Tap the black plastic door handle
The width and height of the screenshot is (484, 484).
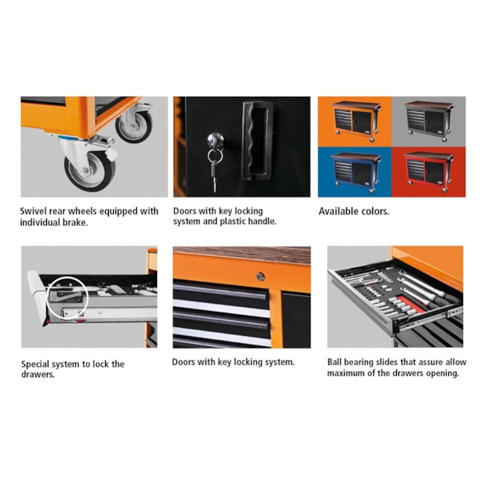tap(256, 141)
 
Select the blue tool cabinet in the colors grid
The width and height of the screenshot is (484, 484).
tap(356, 171)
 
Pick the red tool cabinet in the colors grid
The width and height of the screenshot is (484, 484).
tap(428, 171)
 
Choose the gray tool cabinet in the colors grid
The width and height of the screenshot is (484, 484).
tap(429, 121)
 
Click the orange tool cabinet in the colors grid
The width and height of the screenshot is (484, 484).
tap(356, 121)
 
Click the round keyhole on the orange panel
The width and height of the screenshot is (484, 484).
tap(261, 276)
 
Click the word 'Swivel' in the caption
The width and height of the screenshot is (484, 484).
tap(34, 211)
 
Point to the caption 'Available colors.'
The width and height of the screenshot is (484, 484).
tap(354, 211)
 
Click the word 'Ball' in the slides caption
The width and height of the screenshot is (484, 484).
tap(334, 362)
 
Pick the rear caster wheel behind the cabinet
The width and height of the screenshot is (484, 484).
tap(134, 125)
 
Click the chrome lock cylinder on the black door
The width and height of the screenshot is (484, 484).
tap(215, 140)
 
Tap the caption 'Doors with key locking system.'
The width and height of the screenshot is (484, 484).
tap(233, 362)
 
